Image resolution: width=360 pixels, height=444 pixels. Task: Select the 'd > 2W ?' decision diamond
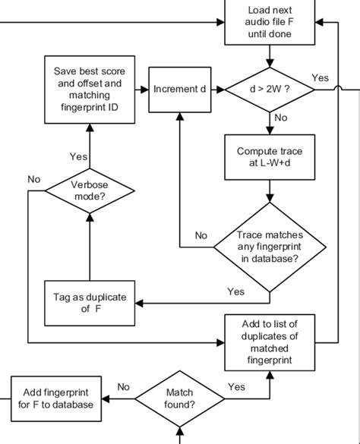pos(269,90)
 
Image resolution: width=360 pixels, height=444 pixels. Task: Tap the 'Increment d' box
pos(179,90)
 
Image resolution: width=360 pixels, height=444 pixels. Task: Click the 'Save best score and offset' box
pos(90,90)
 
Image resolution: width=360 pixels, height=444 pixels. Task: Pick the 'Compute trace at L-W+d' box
pos(269,156)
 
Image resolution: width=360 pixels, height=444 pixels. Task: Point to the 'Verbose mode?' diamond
pos(90,190)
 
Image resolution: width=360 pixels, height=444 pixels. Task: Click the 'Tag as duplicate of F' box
pos(90,302)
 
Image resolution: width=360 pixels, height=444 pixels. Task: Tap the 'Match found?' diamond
pos(179,399)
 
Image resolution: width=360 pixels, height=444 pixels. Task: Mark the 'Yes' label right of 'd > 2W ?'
pos(320,78)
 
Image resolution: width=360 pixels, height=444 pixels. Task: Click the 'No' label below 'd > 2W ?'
pos(280,118)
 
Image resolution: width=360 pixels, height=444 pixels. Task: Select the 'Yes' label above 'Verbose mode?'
pos(78,156)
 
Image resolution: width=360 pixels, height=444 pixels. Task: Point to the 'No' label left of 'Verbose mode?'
pos(33,179)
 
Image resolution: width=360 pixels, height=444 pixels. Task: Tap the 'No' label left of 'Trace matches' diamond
pos(201,235)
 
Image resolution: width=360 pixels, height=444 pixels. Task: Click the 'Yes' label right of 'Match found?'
pos(236,387)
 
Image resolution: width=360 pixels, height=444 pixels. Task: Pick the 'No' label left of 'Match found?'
pos(124,387)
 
